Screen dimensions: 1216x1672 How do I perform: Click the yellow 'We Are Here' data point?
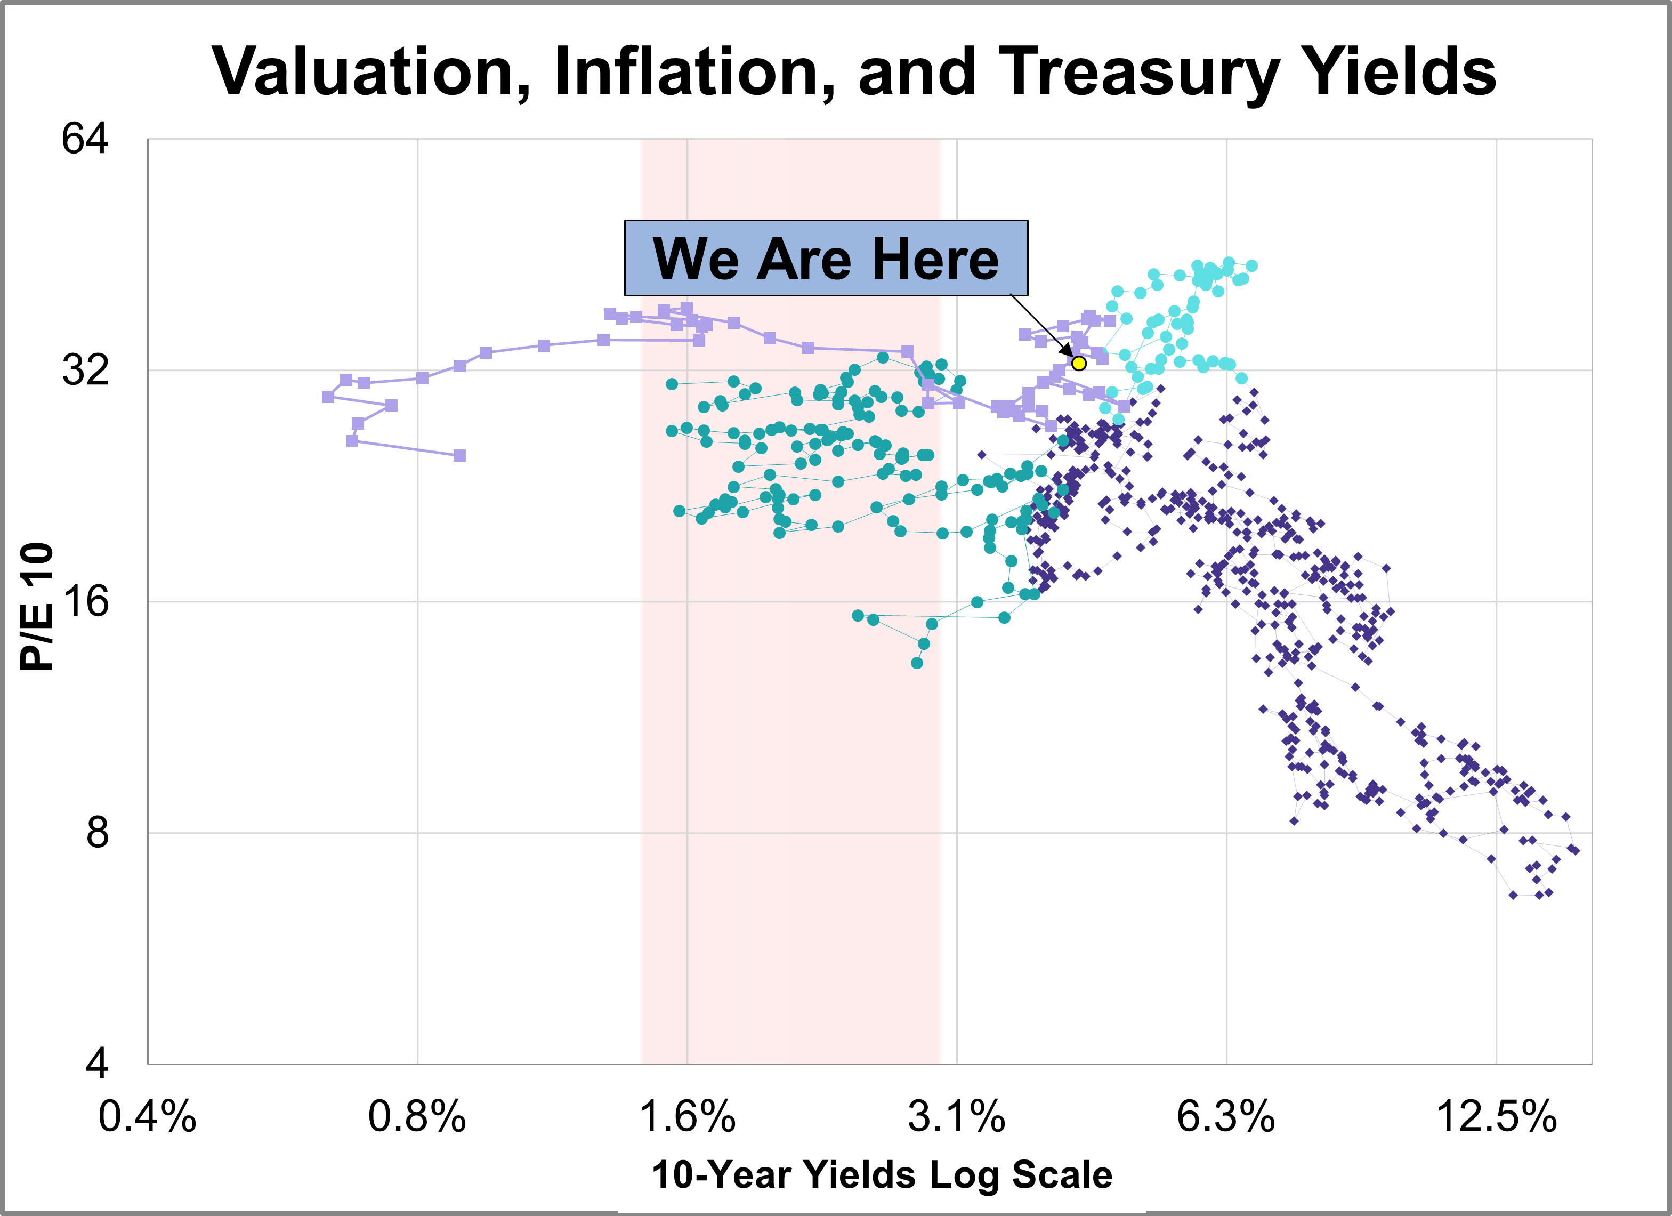pos(1079,363)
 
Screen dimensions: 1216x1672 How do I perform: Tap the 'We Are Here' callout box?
pos(826,258)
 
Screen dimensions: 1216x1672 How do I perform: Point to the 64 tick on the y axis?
pos(85,138)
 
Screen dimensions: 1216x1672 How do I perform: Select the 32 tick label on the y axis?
pos(85,369)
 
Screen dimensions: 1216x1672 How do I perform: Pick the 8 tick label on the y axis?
pos(96,833)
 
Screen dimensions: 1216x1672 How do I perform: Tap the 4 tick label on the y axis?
pos(96,1064)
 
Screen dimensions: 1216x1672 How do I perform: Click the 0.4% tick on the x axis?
pos(148,1116)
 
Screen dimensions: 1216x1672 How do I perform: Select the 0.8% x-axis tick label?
pos(417,1116)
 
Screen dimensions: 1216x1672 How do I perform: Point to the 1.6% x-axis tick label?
pos(687,1116)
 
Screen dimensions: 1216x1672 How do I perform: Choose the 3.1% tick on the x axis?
pos(956,1116)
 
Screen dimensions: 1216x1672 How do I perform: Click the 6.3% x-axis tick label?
pos(1226,1116)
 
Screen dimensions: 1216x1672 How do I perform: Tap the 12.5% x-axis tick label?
pos(1497,1116)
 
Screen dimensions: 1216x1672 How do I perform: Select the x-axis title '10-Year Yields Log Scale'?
pos(882,1175)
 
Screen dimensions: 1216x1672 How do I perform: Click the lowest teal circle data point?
pos(916,663)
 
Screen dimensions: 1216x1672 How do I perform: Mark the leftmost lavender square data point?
pos(328,397)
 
